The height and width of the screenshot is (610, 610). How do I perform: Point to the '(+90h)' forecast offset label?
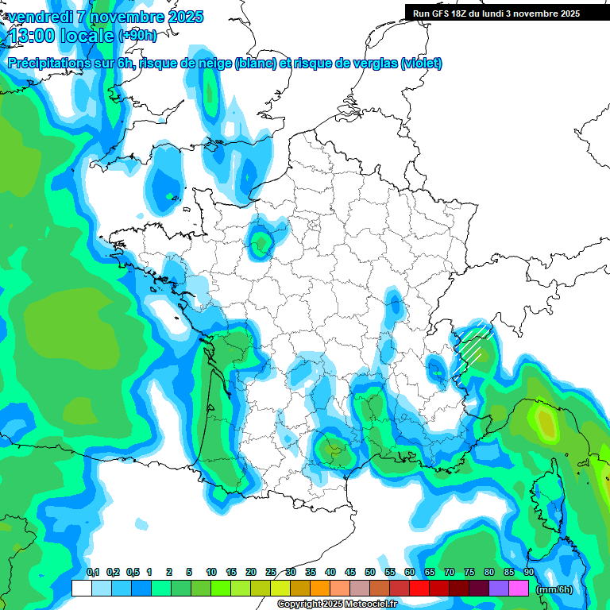[138, 36]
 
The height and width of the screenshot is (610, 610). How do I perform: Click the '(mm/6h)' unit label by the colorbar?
[554, 589]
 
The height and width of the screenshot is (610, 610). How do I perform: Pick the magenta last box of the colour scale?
[519, 589]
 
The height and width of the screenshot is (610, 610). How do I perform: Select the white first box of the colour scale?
[81, 589]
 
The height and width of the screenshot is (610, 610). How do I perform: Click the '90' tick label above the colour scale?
[528, 572]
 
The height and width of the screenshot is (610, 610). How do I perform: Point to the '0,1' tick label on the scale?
[93, 572]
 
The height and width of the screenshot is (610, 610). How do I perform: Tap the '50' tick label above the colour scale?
[370, 572]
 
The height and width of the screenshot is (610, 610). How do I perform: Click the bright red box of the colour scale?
[419, 589]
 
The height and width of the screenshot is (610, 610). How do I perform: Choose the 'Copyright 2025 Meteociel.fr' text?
[337, 604]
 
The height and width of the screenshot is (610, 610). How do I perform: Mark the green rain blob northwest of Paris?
[261, 242]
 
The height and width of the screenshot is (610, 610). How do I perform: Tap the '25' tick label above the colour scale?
[271, 572]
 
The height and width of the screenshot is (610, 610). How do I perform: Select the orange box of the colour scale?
[320, 589]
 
